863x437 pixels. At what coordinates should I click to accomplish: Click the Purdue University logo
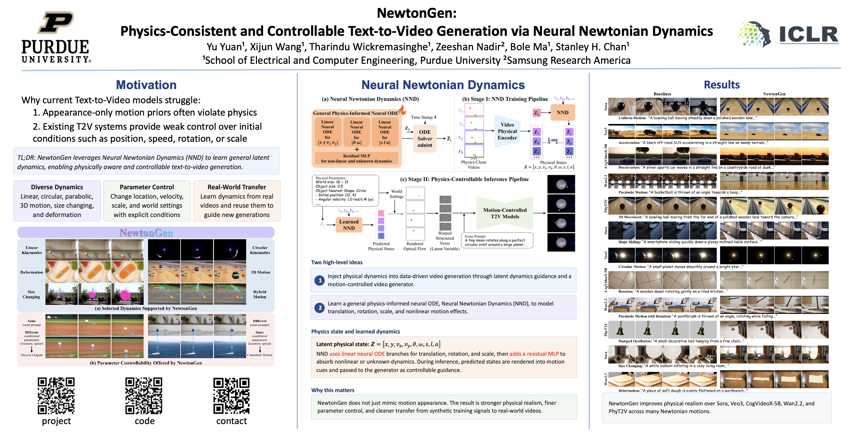point(56,37)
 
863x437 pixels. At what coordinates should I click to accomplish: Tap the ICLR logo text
point(808,35)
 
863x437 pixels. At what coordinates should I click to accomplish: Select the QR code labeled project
point(56,396)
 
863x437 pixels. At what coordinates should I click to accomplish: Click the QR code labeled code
point(144,396)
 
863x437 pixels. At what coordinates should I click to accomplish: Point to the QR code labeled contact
point(231,396)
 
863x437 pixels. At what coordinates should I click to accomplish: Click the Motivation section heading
point(146,85)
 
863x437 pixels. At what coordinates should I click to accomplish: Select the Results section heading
point(721,85)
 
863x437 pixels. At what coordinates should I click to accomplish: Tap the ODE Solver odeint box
point(425,139)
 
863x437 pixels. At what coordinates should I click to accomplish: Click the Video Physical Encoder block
point(507,131)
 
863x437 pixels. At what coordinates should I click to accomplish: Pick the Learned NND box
point(348,225)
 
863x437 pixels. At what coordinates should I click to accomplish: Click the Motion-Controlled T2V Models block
point(505,213)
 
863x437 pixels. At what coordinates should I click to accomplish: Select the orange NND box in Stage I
point(562,113)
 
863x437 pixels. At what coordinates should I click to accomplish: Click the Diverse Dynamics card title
point(57,187)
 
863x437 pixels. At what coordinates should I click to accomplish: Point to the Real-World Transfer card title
point(237,187)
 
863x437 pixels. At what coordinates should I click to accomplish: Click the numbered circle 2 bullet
point(320,307)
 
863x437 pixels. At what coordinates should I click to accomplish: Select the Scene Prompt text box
point(497,240)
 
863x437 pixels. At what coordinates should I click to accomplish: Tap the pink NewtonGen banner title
point(146,233)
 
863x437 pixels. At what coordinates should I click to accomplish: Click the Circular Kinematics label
point(260,250)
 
